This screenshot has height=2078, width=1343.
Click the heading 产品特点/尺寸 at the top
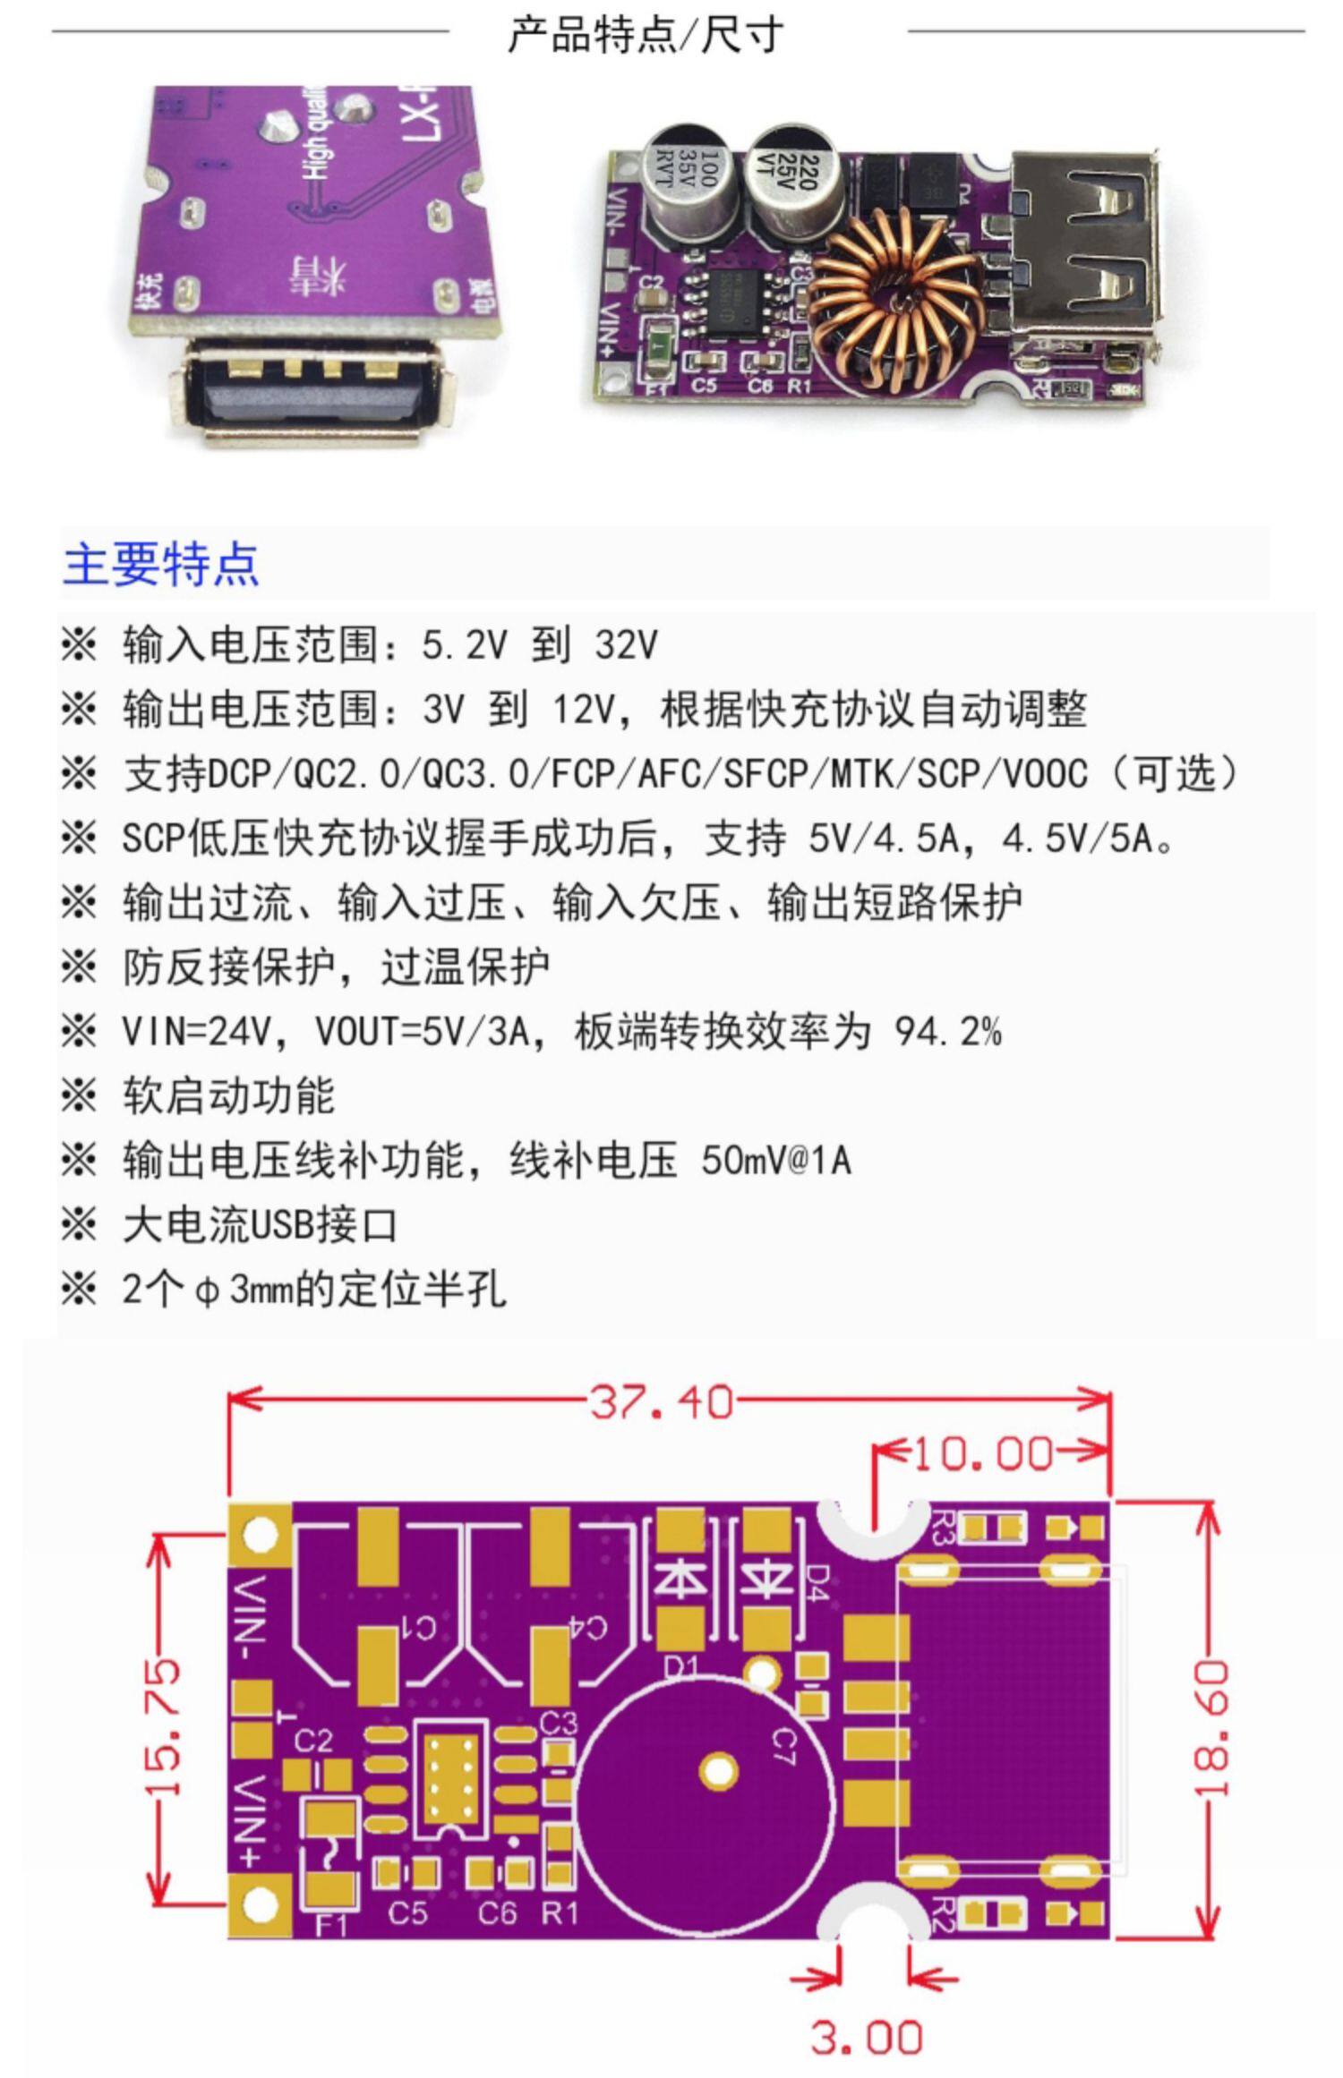(645, 36)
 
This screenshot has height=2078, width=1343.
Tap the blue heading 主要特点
(161, 564)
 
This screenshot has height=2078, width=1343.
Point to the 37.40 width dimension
(661, 1402)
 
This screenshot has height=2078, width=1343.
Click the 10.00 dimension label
(983, 1454)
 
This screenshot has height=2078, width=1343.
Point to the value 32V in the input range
(626, 645)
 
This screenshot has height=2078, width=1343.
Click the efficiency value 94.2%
(947, 1032)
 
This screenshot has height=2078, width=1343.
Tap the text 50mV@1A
(775, 1161)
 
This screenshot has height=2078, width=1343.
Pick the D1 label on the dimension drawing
(682, 1663)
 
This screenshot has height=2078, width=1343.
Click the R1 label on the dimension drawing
(560, 1912)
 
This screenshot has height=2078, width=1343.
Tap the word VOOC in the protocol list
(1045, 774)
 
